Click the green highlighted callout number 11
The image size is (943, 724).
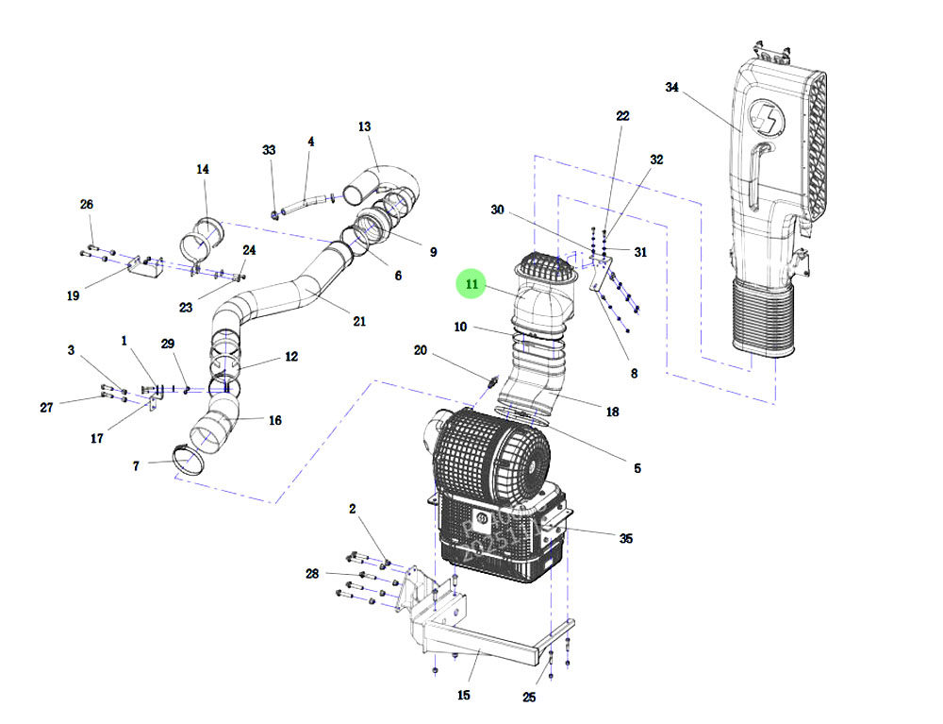471,283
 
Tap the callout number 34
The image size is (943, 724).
671,88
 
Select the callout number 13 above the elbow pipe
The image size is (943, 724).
365,126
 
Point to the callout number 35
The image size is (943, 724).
625,539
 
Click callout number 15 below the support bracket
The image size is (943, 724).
463,696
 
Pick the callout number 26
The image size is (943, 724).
87,205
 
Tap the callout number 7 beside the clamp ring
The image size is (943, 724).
136,466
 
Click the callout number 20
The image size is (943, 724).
421,351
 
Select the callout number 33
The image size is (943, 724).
270,150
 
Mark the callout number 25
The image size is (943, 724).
529,698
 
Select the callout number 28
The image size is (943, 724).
312,574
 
